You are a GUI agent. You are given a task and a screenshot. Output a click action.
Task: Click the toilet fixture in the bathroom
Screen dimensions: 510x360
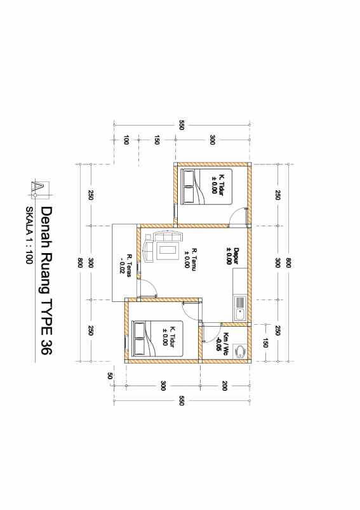coord(240,351)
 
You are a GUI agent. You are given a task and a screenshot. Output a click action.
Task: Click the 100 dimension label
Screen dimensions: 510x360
coord(126,140)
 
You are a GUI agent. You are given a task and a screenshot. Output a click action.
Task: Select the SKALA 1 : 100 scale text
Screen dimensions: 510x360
coord(29,235)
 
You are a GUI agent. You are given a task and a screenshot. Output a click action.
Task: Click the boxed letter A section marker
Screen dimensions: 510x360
coord(37,188)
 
